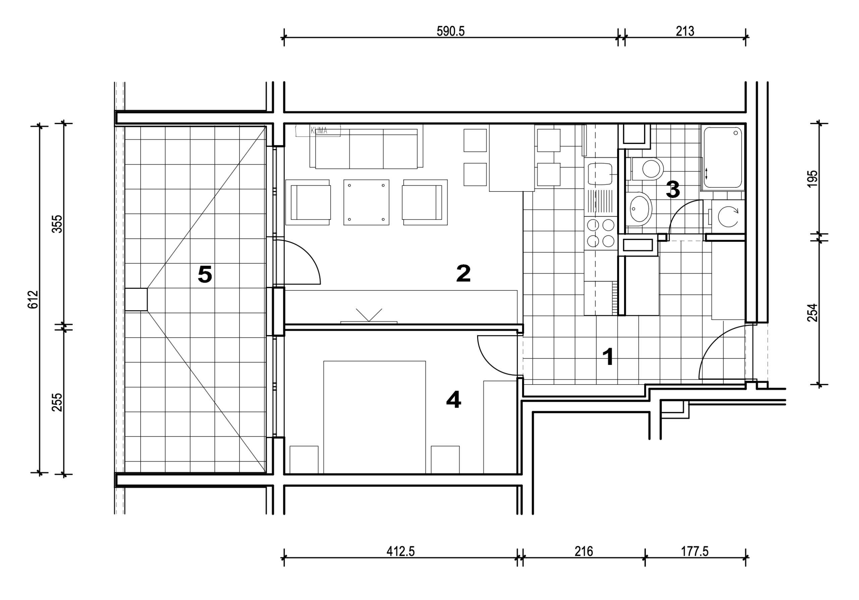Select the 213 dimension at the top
point(685,31)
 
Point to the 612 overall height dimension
point(33,299)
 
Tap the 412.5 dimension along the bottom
point(401,551)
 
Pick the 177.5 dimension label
point(694,551)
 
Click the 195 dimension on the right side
point(812,179)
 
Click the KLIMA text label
point(319,131)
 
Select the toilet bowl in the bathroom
point(648,169)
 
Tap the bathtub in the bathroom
point(722,157)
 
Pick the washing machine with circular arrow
point(728,217)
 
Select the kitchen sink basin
point(600,174)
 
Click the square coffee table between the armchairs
point(366,202)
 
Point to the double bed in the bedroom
point(374,417)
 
